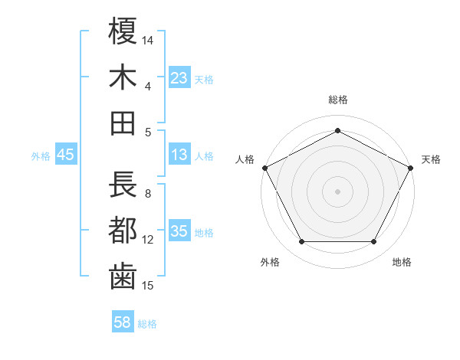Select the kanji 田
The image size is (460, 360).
123,123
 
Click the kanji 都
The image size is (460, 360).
123,231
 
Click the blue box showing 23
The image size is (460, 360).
179,77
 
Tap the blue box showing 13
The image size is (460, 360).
179,155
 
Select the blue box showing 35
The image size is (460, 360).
179,232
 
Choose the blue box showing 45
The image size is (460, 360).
65,155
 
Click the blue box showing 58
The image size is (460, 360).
123,323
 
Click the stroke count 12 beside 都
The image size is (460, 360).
149,240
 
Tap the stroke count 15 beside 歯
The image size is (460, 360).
149,286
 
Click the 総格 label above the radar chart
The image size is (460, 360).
337,100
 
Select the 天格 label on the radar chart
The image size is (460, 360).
431,159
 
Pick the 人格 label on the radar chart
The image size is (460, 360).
245,159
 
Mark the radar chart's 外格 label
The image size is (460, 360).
270,262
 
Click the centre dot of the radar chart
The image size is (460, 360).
337,191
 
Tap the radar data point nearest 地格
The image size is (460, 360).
374,242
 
